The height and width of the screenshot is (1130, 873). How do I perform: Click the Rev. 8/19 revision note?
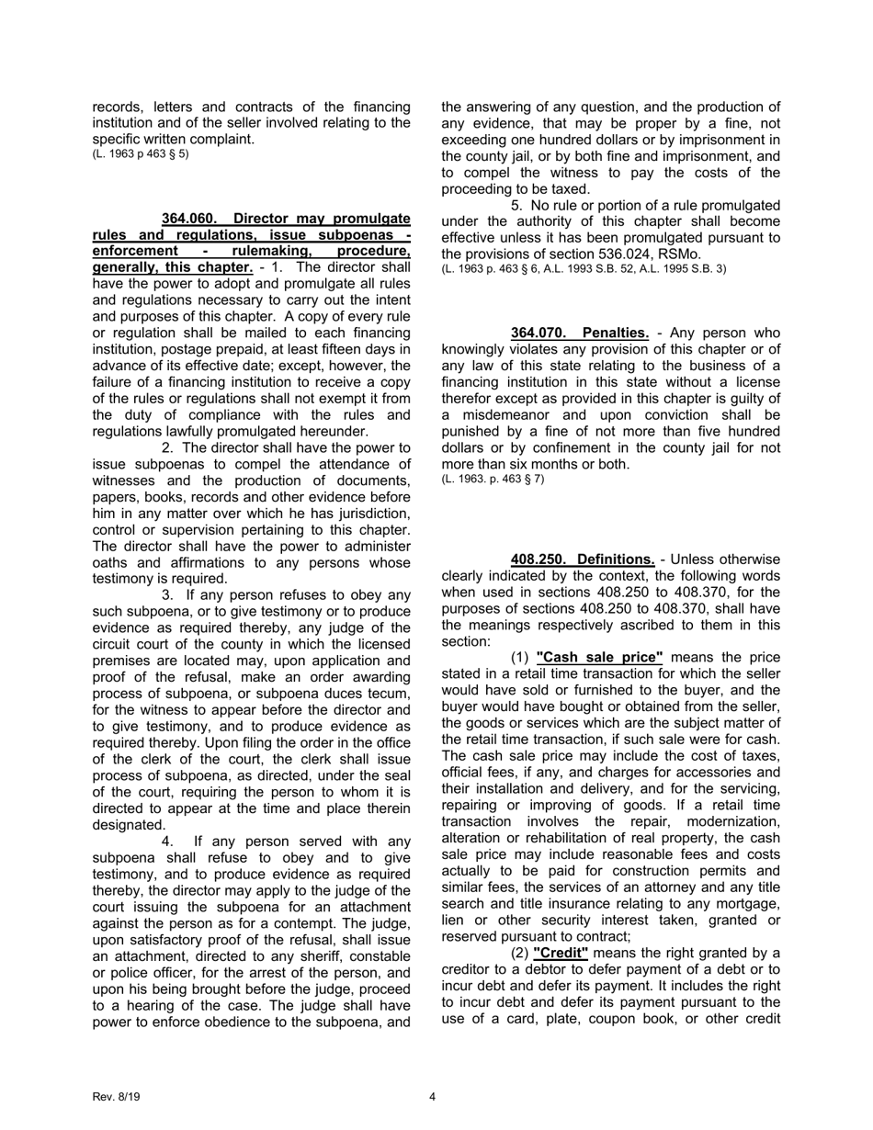(x=117, y=1097)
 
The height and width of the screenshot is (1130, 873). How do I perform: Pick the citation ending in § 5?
(x=141, y=153)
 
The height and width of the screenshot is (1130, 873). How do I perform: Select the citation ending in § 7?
(x=493, y=479)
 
